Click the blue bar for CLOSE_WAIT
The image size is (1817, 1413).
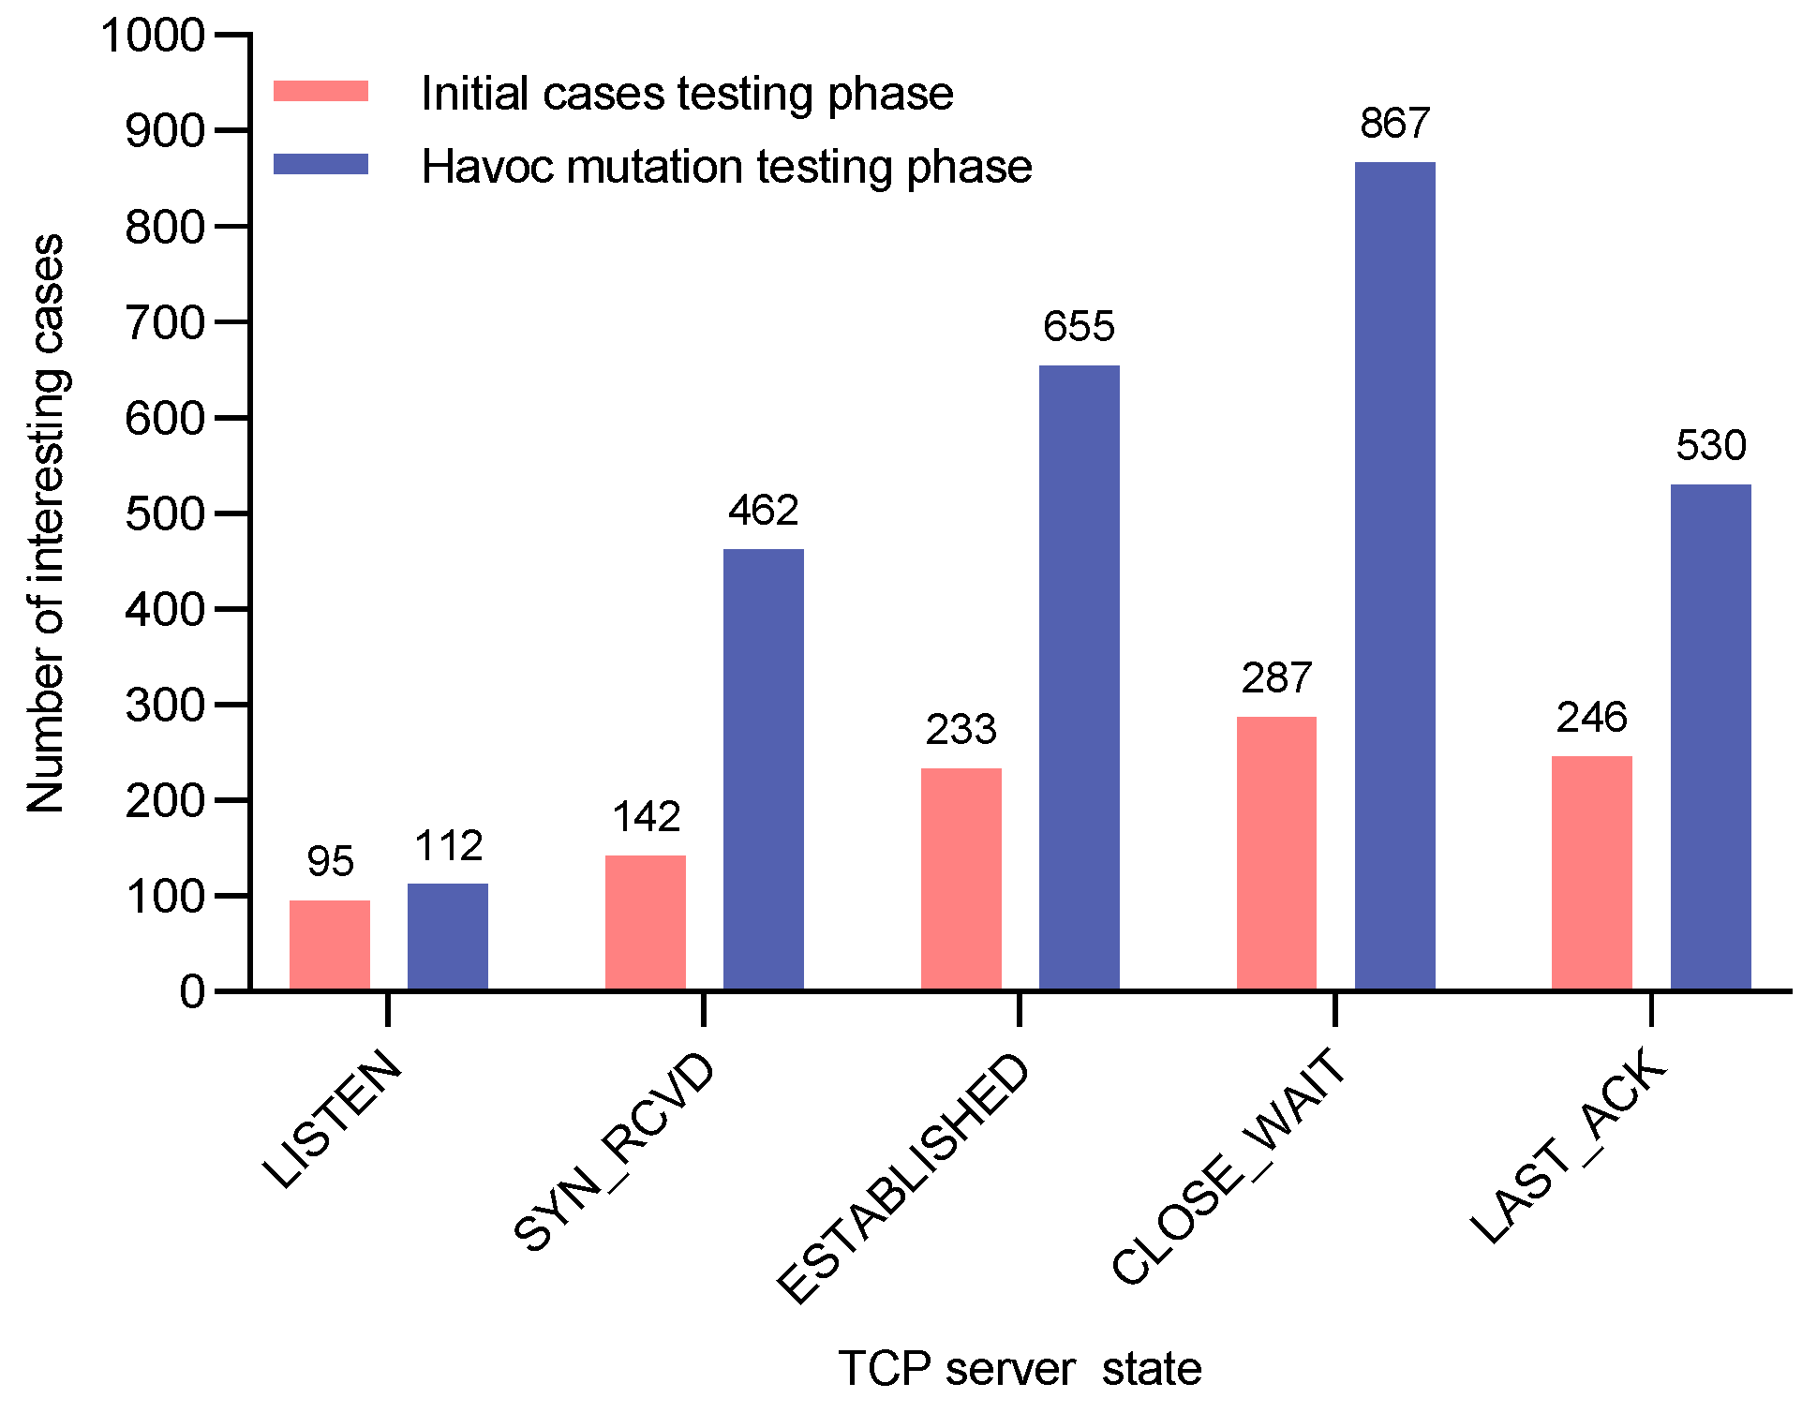[x=1394, y=576]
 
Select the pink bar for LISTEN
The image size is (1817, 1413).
[x=330, y=944]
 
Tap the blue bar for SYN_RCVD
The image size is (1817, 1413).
[x=763, y=768]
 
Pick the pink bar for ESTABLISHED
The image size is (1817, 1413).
[x=961, y=879]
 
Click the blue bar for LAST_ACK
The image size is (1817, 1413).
[x=1710, y=736]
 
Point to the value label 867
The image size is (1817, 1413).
[x=1394, y=124]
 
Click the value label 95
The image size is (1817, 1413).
[x=330, y=862]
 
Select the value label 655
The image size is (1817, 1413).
[x=1079, y=327]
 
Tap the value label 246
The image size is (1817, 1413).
[x=1591, y=718]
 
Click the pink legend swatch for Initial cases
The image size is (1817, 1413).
[x=320, y=92]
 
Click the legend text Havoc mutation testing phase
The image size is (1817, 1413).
[x=726, y=167]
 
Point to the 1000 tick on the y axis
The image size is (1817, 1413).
[x=152, y=36]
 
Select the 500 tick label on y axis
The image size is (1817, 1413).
[x=165, y=513]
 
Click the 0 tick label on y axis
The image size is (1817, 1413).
[x=192, y=991]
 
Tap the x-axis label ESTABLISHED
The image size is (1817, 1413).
[x=903, y=1179]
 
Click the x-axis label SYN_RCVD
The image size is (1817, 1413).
[x=614, y=1153]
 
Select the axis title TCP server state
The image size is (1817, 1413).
[x=1020, y=1368]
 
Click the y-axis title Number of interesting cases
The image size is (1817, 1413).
[x=45, y=523]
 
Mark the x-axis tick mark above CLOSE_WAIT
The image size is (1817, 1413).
[x=1334, y=1010]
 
